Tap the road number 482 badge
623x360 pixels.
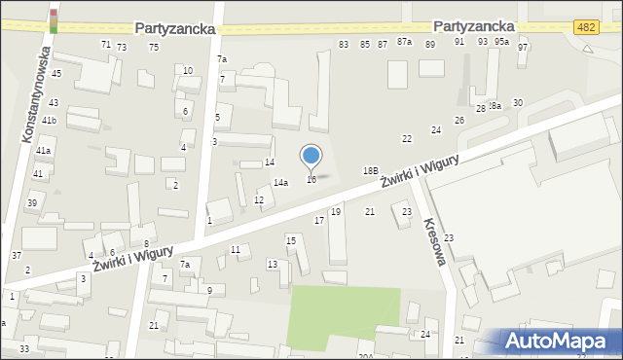tap(585, 28)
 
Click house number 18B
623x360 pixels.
tap(370, 170)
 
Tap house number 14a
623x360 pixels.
tap(280, 183)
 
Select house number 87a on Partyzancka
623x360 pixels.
tap(405, 43)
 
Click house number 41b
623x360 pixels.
tap(49, 121)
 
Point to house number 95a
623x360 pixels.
tap(501, 42)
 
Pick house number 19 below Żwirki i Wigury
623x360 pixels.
tap(336, 212)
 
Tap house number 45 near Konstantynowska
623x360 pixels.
tap(56, 74)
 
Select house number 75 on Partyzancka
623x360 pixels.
tap(154, 47)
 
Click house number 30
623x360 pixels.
tap(518, 103)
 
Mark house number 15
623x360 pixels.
tap(290, 240)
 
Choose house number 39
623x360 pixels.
tap(32, 202)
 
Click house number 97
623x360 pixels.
tap(523, 48)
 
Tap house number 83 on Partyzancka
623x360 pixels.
tap(344, 45)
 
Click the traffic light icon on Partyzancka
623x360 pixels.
tap(54, 17)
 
